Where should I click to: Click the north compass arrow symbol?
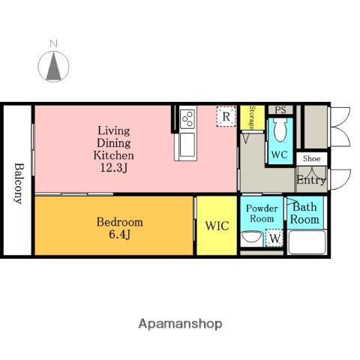click(x=53, y=67)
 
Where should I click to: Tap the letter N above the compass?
click(x=53, y=43)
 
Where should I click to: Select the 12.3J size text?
click(x=114, y=167)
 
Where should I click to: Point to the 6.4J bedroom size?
click(x=119, y=234)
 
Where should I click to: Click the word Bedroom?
click(x=120, y=222)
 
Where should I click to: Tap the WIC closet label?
click(x=217, y=226)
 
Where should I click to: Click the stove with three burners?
click(x=187, y=119)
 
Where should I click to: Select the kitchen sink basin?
click(x=187, y=145)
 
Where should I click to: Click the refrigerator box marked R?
click(x=226, y=116)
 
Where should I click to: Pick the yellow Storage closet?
click(x=252, y=118)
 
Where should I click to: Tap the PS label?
click(x=280, y=110)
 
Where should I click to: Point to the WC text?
click(x=279, y=154)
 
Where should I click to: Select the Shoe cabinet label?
click(x=311, y=158)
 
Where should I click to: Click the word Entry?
click(x=311, y=180)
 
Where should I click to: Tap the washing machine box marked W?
click(x=274, y=238)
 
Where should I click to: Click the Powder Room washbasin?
click(x=252, y=237)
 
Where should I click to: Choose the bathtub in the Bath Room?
click(x=307, y=242)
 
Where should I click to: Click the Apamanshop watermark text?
click(x=180, y=324)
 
